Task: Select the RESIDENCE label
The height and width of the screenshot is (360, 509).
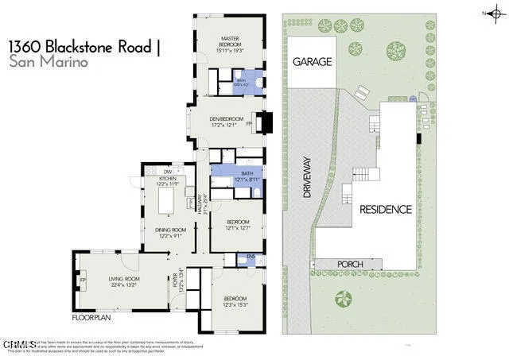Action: pyautogui.click(x=386, y=210)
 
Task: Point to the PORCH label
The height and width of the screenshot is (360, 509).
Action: pyautogui.click(x=351, y=264)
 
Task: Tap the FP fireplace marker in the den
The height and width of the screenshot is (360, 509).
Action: pyautogui.click(x=249, y=124)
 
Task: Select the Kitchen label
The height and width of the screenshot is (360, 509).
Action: pyautogui.click(x=167, y=180)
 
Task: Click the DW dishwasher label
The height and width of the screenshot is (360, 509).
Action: pyautogui.click(x=167, y=172)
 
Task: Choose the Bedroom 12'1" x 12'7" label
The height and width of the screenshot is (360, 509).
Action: pyautogui.click(x=237, y=223)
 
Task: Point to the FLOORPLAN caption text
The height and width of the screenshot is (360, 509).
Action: pyautogui.click(x=90, y=317)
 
